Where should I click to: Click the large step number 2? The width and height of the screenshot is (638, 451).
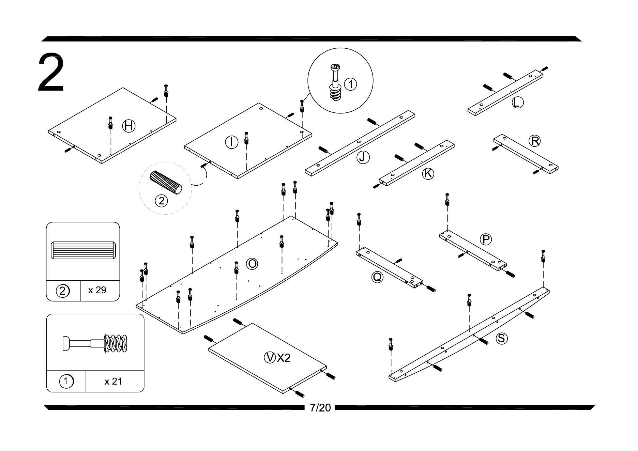(51, 73)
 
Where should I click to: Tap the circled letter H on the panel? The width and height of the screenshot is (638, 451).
(128, 126)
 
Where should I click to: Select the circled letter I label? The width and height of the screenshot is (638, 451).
(231, 142)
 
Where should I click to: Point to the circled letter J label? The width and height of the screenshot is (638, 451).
(363, 157)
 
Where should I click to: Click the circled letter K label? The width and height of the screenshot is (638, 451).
(428, 174)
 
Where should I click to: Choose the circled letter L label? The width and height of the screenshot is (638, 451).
(517, 102)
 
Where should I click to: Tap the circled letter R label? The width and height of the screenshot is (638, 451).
(534, 141)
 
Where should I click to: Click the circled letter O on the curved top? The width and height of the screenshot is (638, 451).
(252, 264)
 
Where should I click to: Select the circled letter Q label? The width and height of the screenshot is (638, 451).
(377, 277)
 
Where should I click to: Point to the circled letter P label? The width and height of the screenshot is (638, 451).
(486, 239)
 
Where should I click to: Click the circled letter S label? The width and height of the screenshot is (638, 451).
(501, 338)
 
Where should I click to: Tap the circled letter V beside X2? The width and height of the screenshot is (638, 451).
(270, 358)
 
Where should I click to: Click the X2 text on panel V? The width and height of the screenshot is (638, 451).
(284, 358)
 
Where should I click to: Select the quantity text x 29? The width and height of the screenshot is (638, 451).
(97, 290)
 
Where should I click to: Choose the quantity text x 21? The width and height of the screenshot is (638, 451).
(113, 382)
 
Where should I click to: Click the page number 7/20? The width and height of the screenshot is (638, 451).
(320, 408)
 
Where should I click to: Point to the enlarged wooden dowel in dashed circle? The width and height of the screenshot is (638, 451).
(166, 183)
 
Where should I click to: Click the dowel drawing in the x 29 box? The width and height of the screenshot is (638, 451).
(83, 251)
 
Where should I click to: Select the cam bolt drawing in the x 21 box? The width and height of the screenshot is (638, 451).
(95, 343)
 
